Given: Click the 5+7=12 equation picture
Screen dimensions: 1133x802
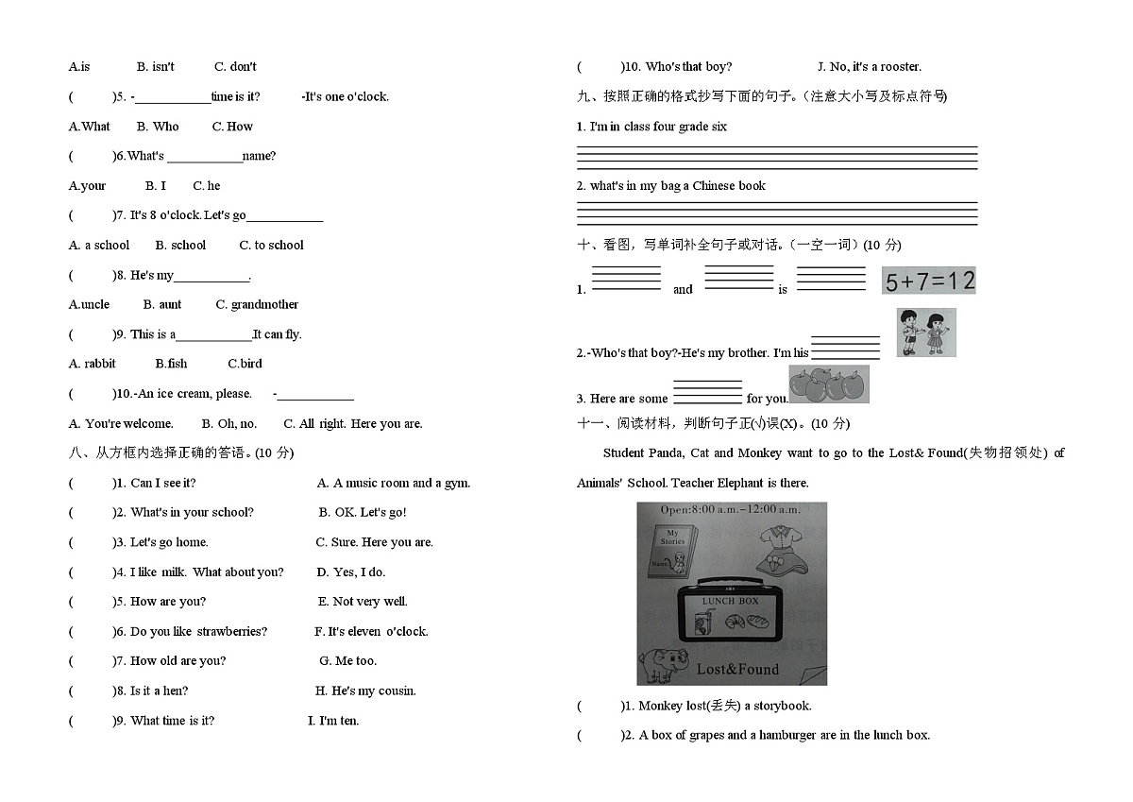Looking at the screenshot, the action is (929, 281).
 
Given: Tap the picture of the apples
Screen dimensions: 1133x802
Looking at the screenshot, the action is (829, 384).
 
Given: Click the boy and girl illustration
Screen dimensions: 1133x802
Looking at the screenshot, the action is (926, 333).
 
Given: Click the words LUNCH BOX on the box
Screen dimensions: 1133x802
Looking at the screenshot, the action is (730, 601).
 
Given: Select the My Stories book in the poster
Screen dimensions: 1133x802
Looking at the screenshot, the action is (672, 551).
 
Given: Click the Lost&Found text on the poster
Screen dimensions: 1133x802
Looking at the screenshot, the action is (737, 670).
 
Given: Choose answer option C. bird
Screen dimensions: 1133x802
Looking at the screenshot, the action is (245, 364).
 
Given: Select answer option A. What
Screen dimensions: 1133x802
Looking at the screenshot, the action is (89, 127).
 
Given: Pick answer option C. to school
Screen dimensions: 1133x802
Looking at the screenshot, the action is (271, 246).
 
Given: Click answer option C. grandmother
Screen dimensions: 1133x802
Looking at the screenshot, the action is (257, 304).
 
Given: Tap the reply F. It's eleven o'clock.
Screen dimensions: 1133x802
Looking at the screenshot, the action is (371, 631).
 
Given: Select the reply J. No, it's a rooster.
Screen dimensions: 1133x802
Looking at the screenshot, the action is (870, 67).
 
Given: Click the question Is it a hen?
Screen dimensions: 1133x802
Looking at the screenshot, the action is (159, 691).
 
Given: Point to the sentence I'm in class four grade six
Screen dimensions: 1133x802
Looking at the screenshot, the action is (658, 127).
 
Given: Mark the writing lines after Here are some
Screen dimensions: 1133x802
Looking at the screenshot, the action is (707, 392).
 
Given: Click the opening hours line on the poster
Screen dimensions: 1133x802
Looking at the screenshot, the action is (731, 509).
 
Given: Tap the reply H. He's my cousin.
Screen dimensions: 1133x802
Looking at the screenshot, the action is (365, 691).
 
